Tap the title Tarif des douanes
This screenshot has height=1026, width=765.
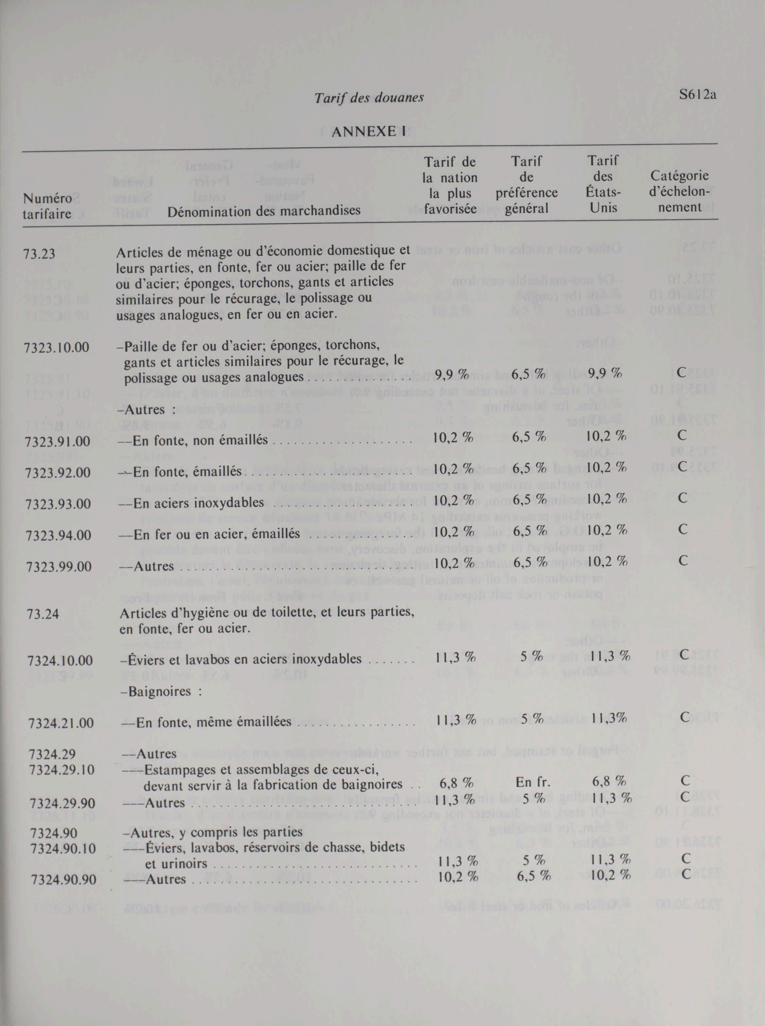click(369, 98)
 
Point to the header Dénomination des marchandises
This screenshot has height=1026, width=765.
click(264, 211)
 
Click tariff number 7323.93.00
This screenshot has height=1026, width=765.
click(58, 504)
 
